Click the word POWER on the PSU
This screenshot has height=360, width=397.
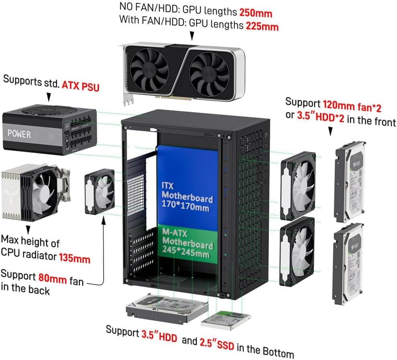click(x=20, y=135)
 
